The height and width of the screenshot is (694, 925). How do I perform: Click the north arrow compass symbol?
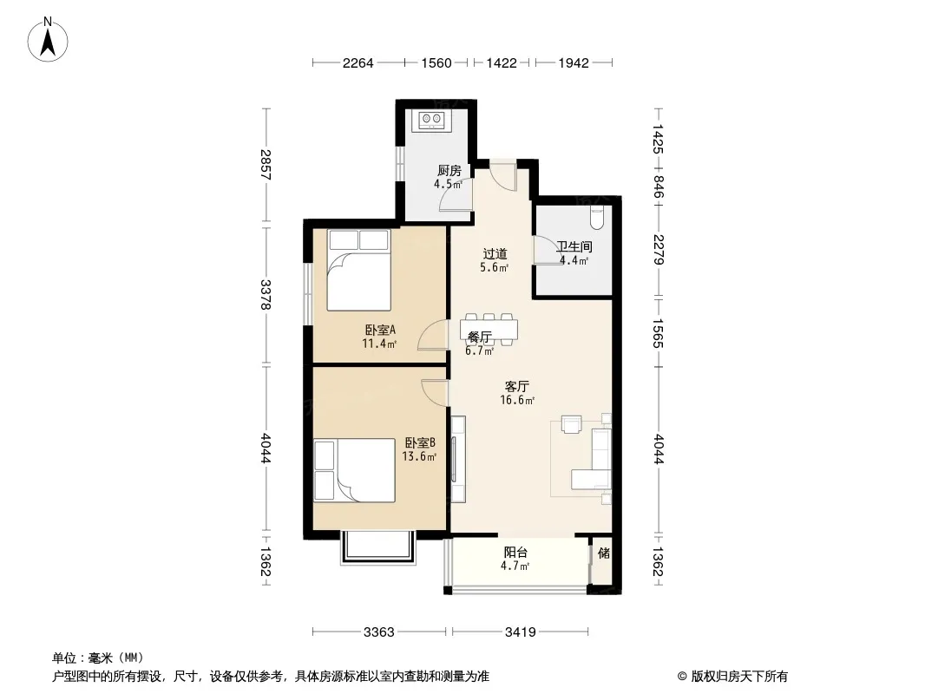pyautogui.click(x=48, y=40)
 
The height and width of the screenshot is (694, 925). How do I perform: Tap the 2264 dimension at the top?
pyautogui.click(x=358, y=62)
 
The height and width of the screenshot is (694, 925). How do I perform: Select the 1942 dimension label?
pyautogui.click(x=574, y=62)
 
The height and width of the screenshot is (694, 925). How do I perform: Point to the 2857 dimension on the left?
pyautogui.click(x=266, y=165)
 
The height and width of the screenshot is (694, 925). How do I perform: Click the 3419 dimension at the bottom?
pyautogui.click(x=521, y=632)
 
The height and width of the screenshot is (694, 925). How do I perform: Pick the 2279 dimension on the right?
pyautogui.click(x=659, y=250)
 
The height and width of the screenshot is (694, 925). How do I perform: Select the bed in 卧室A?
pyautogui.click(x=359, y=270)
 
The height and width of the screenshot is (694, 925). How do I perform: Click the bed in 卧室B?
pyautogui.click(x=354, y=470)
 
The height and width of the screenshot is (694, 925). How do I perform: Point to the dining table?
pyautogui.click(x=489, y=329)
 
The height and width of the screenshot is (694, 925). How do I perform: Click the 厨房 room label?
pyautogui.click(x=449, y=171)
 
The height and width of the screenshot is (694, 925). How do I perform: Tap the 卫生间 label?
pyautogui.click(x=574, y=246)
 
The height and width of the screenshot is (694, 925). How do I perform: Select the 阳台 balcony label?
pyautogui.click(x=515, y=553)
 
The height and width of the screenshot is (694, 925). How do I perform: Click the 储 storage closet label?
pyautogui.click(x=603, y=553)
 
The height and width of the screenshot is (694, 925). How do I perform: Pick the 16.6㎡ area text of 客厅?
pyautogui.click(x=517, y=401)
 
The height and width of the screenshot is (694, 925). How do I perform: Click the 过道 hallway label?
pyautogui.click(x=495, y=254)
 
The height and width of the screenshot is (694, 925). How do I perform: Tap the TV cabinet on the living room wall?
pyautogui.click(x=458, y=459)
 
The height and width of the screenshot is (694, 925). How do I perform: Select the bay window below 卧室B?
pyautogui.click(x=378, y=547)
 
